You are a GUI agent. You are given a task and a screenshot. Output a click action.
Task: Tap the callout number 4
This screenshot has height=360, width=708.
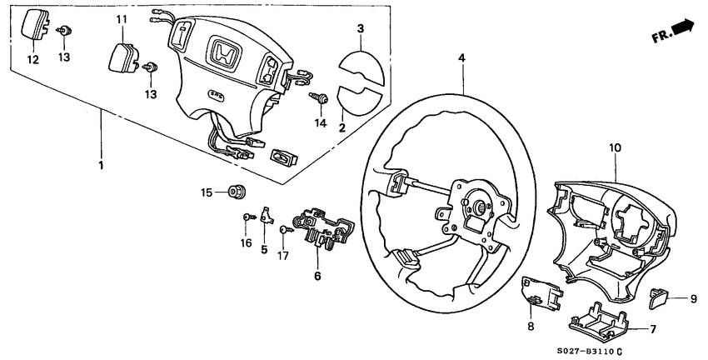coord(461,58)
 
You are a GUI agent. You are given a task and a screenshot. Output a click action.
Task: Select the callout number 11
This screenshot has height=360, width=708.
coord(122,19)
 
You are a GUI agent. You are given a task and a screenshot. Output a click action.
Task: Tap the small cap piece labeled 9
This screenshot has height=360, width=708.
coord(660,293)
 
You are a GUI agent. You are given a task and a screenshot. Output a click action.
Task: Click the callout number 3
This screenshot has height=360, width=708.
coord(361,29)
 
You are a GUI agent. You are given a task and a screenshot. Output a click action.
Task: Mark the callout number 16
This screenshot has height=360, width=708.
coord(246,242)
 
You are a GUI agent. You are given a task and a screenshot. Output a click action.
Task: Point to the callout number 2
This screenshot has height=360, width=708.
coord(342,127)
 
